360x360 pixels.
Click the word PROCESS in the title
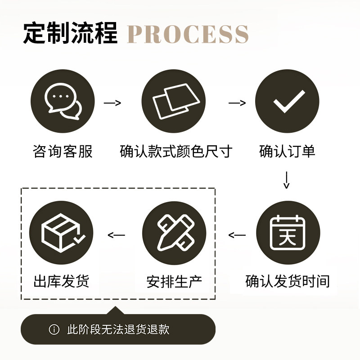coord(188,34)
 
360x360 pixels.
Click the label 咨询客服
coord(63,151)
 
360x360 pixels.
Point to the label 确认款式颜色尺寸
coord(176,151)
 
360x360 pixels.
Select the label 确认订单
coord(287,151)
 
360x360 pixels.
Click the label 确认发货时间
coord(288,281)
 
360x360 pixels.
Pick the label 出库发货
coord(62,282)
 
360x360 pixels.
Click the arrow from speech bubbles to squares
coord(112,103)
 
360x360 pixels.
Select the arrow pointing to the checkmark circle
coord(237,103)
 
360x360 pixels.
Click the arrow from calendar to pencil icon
coord(237,235)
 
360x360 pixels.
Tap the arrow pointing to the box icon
coord(116,235)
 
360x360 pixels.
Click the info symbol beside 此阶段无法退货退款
coord(54,329)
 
